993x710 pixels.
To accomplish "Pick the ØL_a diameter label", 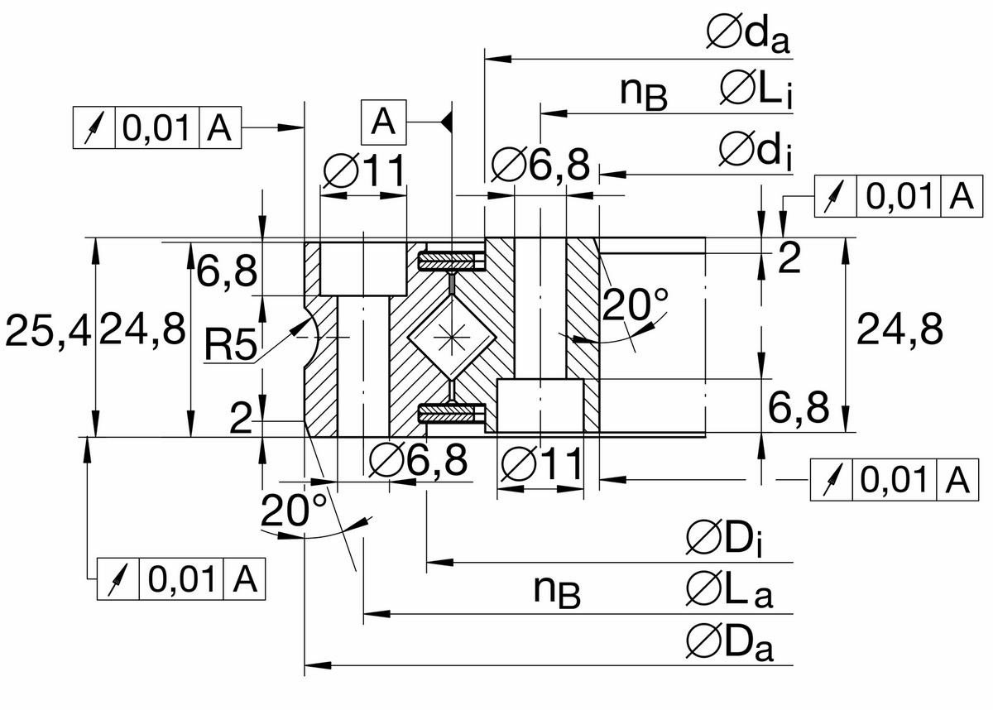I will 729,591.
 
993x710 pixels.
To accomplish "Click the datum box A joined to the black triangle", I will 382,122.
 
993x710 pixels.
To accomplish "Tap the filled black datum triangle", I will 446,123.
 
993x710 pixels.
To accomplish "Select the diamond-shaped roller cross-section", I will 452,338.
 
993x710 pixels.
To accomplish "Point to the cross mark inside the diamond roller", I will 452,338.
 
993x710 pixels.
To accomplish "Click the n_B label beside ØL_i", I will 644,94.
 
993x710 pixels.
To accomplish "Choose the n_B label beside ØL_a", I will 556,591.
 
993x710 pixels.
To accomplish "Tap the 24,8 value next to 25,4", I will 142,332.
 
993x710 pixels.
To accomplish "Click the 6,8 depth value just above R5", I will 226,272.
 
